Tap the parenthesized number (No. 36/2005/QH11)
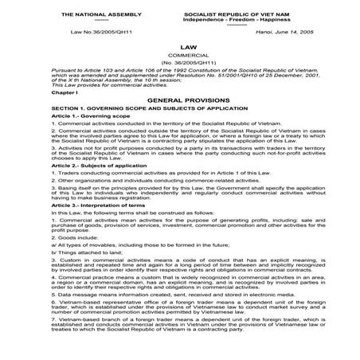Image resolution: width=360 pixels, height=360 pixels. [x=180, y=66]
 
